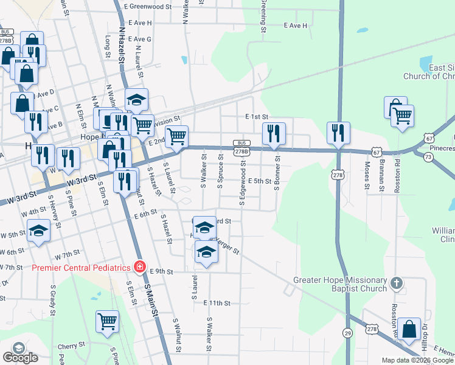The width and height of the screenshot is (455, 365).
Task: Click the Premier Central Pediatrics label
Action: pos(81,268)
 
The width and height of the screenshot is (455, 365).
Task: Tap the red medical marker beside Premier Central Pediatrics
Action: pos(140,267)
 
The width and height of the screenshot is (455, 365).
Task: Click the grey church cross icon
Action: pos(396,283)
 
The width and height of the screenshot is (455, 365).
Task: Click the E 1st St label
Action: pos(257,116)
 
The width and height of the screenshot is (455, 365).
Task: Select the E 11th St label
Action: pos(217,302)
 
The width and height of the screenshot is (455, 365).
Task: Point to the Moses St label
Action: pos(367,175)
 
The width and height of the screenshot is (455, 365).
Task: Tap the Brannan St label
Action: pos(382,175)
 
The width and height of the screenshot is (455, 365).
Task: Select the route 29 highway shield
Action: pos(347,333)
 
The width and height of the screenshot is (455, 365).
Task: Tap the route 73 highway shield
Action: pos(428,156)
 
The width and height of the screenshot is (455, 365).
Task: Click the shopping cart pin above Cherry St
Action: pos(108,321)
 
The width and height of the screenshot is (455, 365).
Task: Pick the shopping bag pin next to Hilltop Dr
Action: pos(411,329)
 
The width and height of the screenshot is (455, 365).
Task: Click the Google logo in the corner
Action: pos(20,357)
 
